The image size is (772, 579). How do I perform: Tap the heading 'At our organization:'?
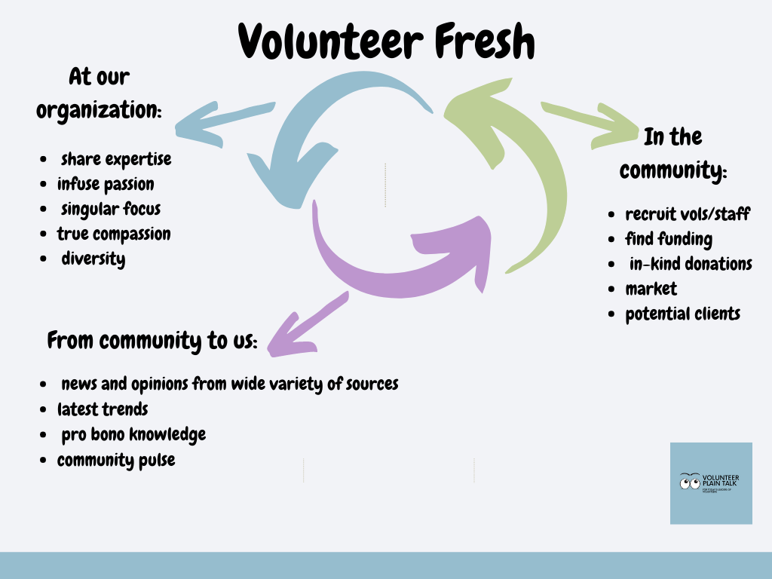pyautogui.click(x=99, y=93)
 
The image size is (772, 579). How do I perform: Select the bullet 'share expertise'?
pyautogui.click(x=115, y=159)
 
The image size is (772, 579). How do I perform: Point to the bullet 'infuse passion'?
pyautogui.click(x=106, y=184)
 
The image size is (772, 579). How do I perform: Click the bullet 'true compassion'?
pyautogui.click(x=114, y=234)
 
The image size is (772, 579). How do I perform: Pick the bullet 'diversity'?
pyautogui.click(x=93, y=259)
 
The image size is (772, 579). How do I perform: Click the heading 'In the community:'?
pyautogui.click(x=672, y=154)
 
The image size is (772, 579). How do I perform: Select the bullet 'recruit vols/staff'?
pyautogui.click(x=688, y=214)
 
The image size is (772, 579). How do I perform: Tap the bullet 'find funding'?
pyautogui.click(x=669, y=239)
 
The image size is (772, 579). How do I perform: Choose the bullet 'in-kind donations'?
pyautogui.click(x=691, y=264)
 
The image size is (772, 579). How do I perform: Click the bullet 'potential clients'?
pyautogui.click(x=682, y=314)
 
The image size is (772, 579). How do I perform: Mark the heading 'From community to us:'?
pyautogui.click(x=152, y=341)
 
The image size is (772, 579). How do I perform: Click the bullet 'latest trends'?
pyautogui.click(x=103, y=409)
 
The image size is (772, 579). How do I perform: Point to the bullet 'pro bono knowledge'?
pyautogui.click(x=133, y=434)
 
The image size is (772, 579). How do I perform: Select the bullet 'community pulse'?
pyautogui.click(x=116, y=459)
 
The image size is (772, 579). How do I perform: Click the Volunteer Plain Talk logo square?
pyautogui.click(x=711, y=483)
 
